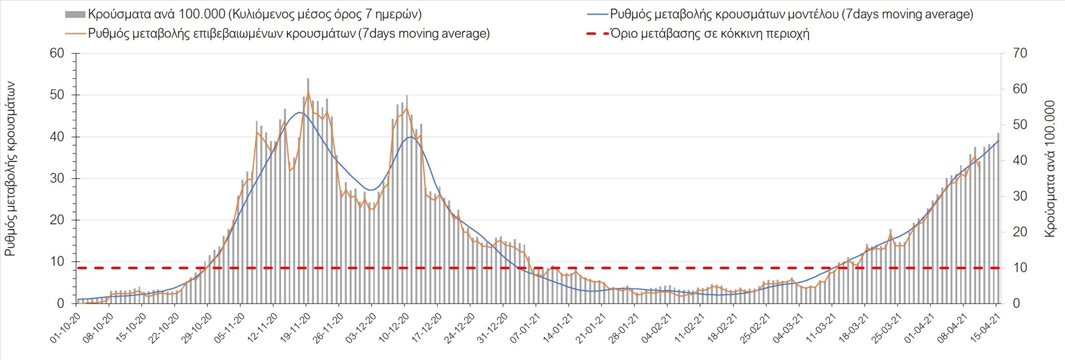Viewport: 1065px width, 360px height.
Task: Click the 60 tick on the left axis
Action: pyautogui.click(x=57, y=53)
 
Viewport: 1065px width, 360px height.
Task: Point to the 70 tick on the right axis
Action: pyautogui.click(x=1020, y=53)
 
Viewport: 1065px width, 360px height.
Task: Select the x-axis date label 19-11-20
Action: pyautogui.click(x=296, y=328)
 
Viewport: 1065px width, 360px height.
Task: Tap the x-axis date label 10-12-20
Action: pyautogui.click(x=394, y=328)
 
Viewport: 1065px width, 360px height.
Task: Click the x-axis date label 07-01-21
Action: pyautogui.click(x=525, y=328)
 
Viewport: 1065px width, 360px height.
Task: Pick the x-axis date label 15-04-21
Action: pyautogui.click(x=985, y=328)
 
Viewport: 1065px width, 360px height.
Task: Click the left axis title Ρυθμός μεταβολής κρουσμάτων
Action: pyautogui.click(x=10, y=169)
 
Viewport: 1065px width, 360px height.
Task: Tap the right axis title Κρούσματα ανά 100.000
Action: pyautogui.click(x=1049, y=169)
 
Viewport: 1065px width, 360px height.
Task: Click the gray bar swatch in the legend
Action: pyautogui.click(x=75, y=14)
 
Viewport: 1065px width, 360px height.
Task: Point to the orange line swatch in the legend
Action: pyautogui.click(x=75, y=34)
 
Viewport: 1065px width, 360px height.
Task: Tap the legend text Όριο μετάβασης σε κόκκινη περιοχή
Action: pyautogui.click(x=709, y=34)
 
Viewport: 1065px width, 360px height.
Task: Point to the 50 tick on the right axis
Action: pyautogui.click(x=1020, y=125)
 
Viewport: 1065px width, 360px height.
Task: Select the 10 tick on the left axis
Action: pyautogui.click(x=57, y=262)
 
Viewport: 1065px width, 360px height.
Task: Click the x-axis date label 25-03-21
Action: pyautogui.click(x=886, y=328)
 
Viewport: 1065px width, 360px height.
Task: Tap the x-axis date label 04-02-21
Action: pyautogui.click(x=657, y=328)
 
